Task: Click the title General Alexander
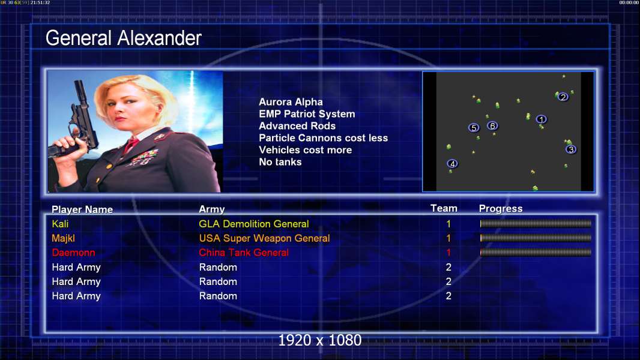tap(123, 38)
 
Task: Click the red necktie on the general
tap(131, 144)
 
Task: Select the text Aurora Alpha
tap(291, 102)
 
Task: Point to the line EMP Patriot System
tap(307, 114)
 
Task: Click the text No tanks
tap(280, 162)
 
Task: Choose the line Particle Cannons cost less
tap(323, 138)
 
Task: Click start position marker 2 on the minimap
tap(563, 97)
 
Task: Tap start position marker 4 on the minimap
tap(452, 164)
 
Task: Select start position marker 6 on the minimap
tap(493, 126)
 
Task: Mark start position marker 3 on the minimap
tap(571, 149)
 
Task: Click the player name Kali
tap(60, 224)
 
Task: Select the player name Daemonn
tap(73, 253)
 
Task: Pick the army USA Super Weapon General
tap(265, 238)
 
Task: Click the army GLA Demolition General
tap(254, 224)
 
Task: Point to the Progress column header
tap(501, 209)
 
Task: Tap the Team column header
tap(444, 208)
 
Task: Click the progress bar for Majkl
tap(536, 238)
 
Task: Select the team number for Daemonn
tap(448, 253)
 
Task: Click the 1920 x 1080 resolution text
tap(320, 340)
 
